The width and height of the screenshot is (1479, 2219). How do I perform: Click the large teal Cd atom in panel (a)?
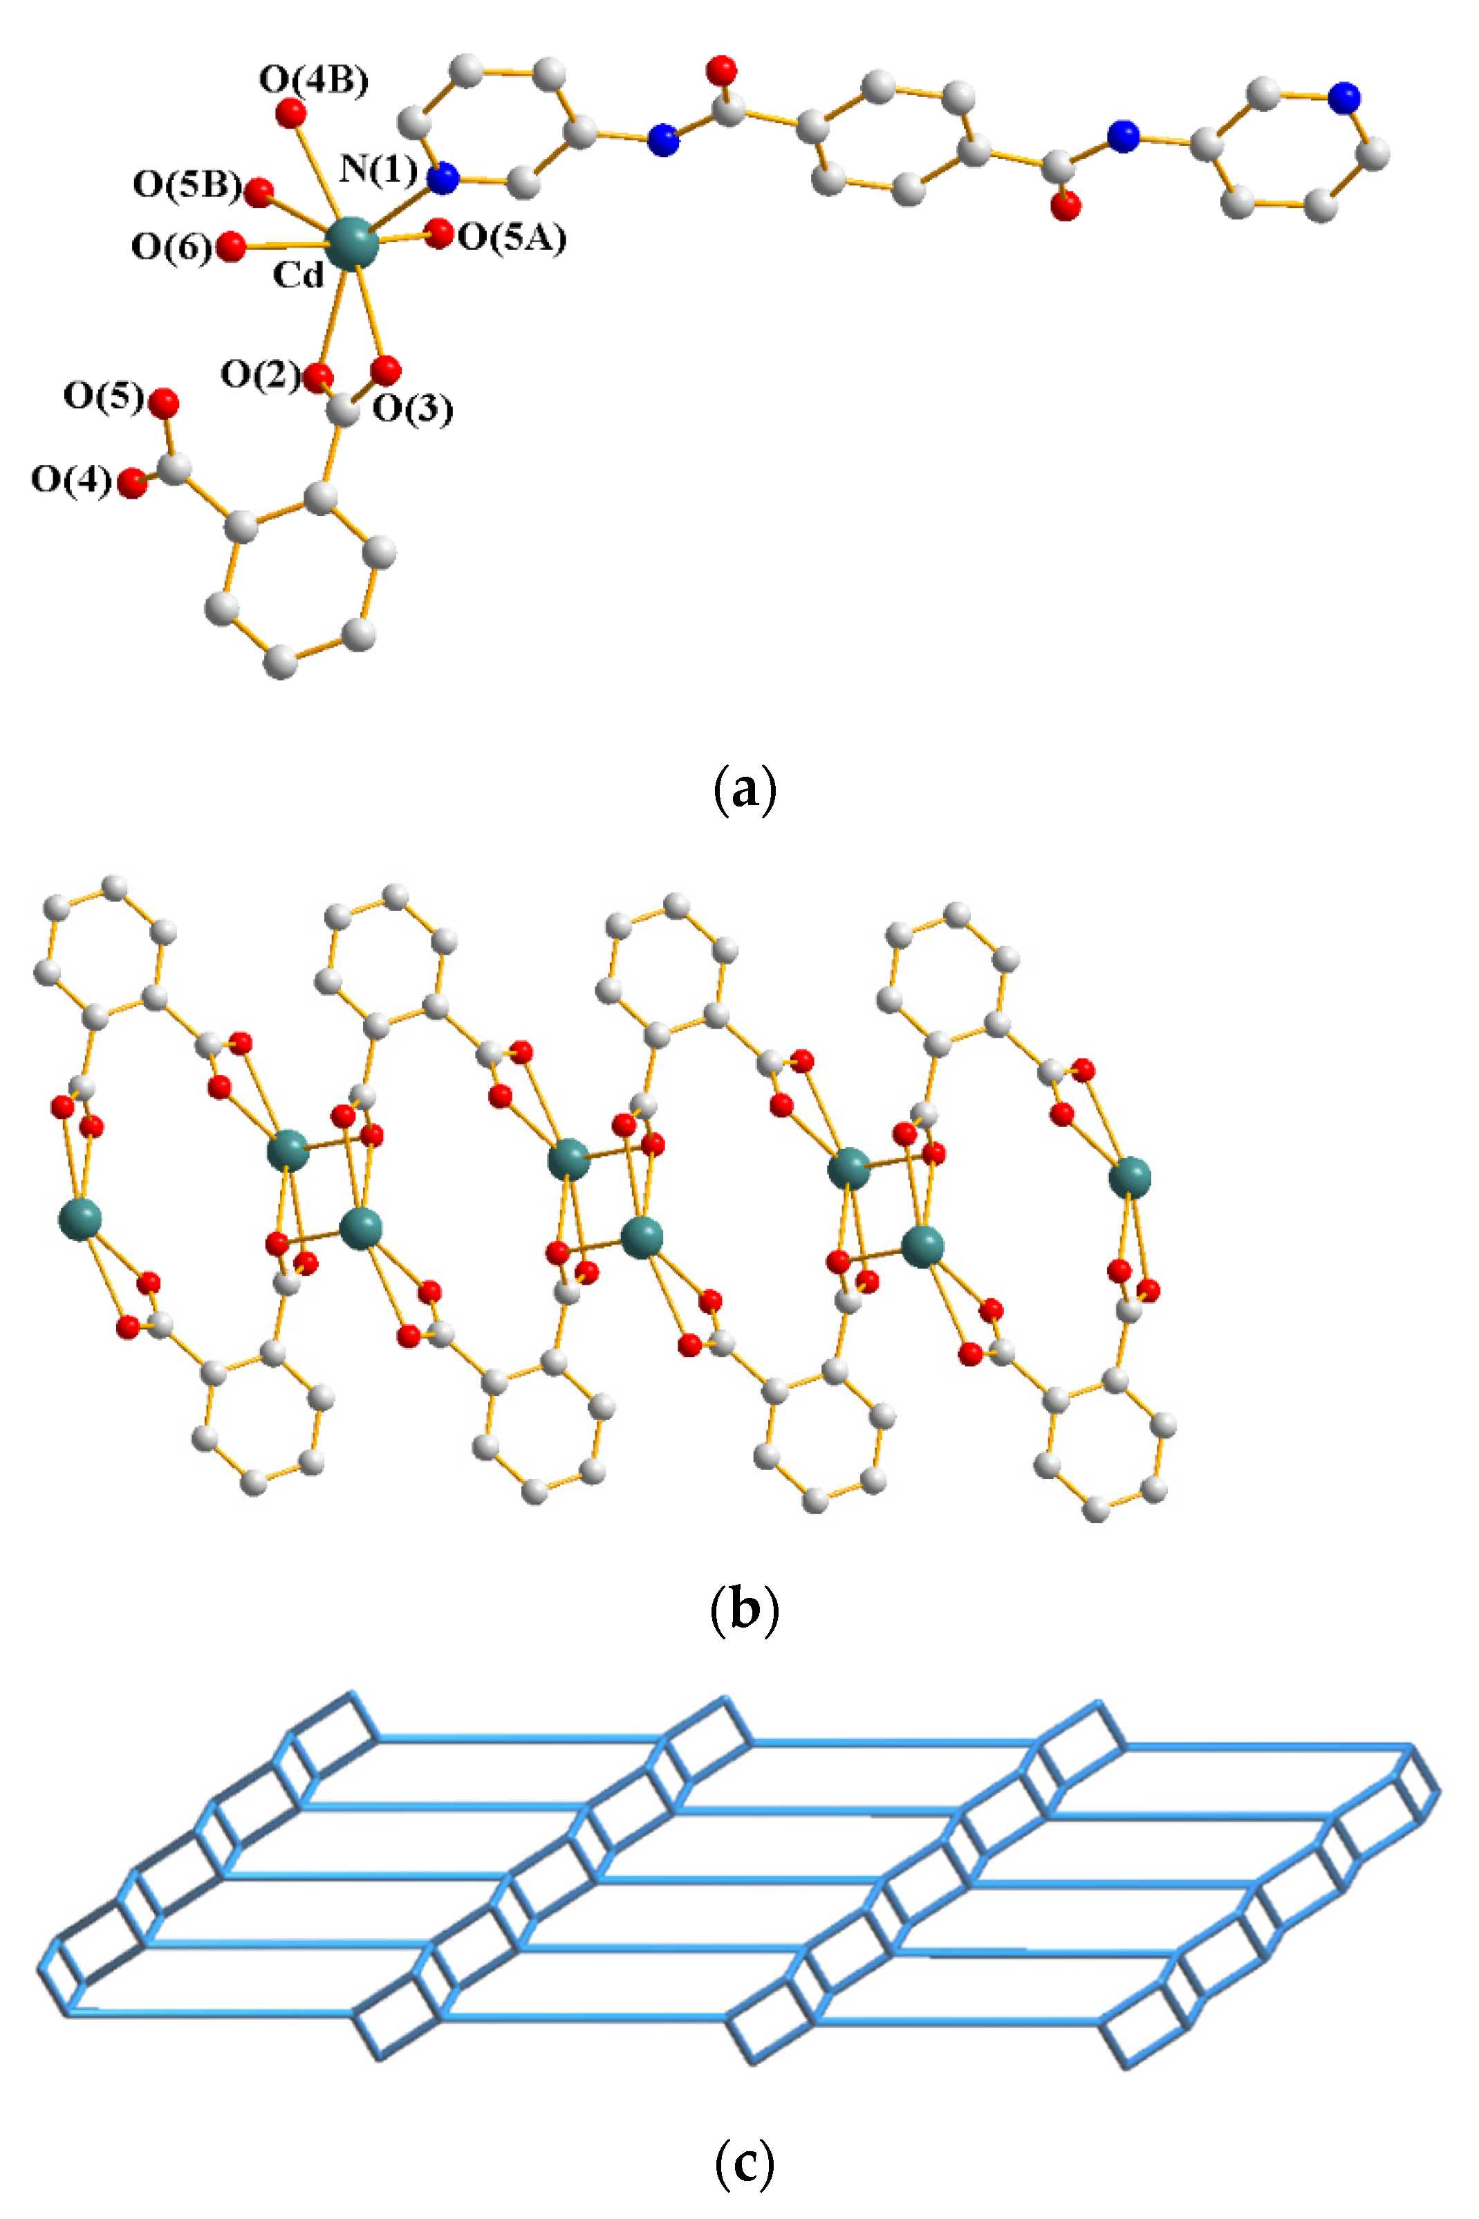pos(352,243)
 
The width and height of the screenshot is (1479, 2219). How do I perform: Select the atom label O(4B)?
pos(313,80)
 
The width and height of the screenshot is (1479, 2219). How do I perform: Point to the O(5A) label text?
pos(512,238)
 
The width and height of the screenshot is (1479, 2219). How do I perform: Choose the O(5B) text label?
pos(187,185)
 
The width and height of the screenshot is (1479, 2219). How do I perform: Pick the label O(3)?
pos(412,409)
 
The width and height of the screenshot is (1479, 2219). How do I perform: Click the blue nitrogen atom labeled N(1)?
pos(443,176)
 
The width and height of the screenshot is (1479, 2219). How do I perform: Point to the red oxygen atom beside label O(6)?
pos(230,247)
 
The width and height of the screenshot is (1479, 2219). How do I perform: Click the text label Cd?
pos(298,275)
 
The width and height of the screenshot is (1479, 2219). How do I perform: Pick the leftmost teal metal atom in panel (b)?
pos(80,1218)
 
